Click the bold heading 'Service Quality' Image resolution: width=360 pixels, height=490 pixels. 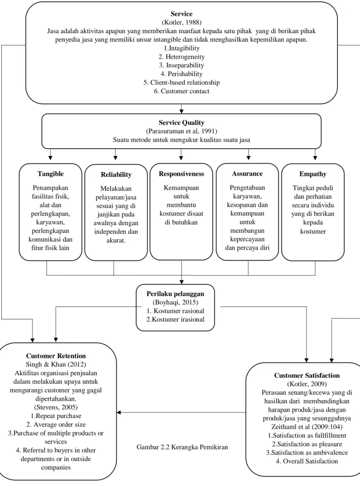click(181, 123)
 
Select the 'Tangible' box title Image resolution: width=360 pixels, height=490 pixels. click(51, 174)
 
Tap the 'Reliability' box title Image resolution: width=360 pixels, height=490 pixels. click(116, 175)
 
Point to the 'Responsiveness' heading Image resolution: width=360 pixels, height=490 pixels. click(181, 174)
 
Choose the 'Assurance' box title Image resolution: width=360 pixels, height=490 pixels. click(247, 174)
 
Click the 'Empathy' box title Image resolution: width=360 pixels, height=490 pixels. click(313, 174)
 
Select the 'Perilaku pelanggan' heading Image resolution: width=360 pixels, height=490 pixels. click(175, 294)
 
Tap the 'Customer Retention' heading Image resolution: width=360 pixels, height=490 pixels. click(56, 356)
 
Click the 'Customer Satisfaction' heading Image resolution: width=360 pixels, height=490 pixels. click(307, 375)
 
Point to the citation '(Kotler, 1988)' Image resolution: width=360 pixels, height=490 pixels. click(181, 22)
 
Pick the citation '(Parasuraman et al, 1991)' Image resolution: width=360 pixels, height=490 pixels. click(181, 131)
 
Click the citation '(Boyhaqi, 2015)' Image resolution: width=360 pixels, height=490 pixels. click(175, 302)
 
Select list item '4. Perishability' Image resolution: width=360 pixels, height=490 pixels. click(181, 74)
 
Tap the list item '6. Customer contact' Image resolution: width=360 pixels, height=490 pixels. click(181, 91)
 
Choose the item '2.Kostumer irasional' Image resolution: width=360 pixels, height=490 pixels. click(175, 319)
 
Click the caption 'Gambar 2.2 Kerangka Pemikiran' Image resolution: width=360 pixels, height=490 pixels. click(182, 447)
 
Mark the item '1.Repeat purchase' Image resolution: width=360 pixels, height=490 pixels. click(56, 416)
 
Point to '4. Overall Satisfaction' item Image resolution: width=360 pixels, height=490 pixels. click(307, 461)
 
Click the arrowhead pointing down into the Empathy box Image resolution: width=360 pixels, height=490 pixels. click(315, 158)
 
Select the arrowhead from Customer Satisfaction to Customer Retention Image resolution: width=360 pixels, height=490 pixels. click(119, 412)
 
